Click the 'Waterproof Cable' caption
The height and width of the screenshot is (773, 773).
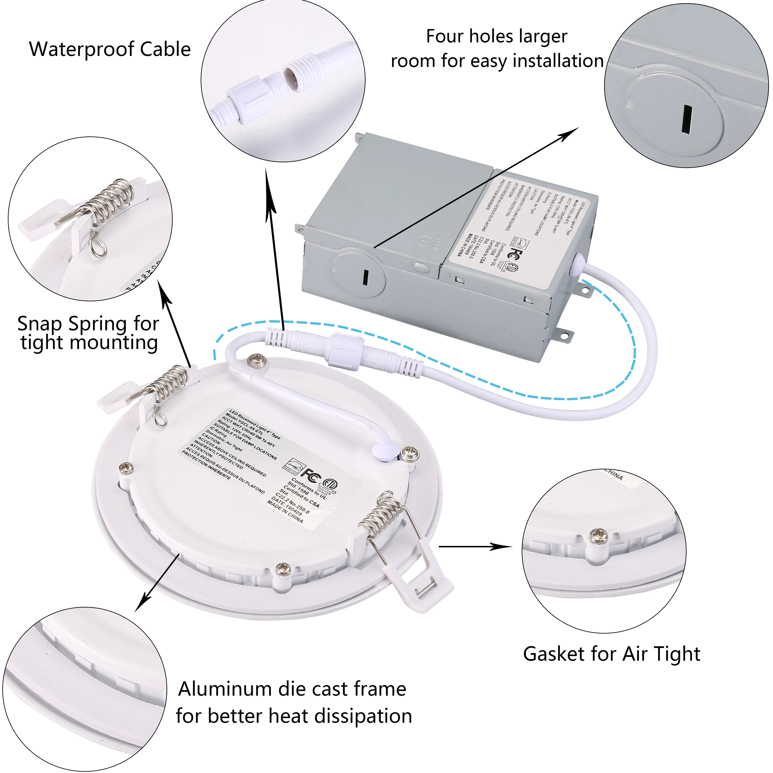click(x=110, y=49)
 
